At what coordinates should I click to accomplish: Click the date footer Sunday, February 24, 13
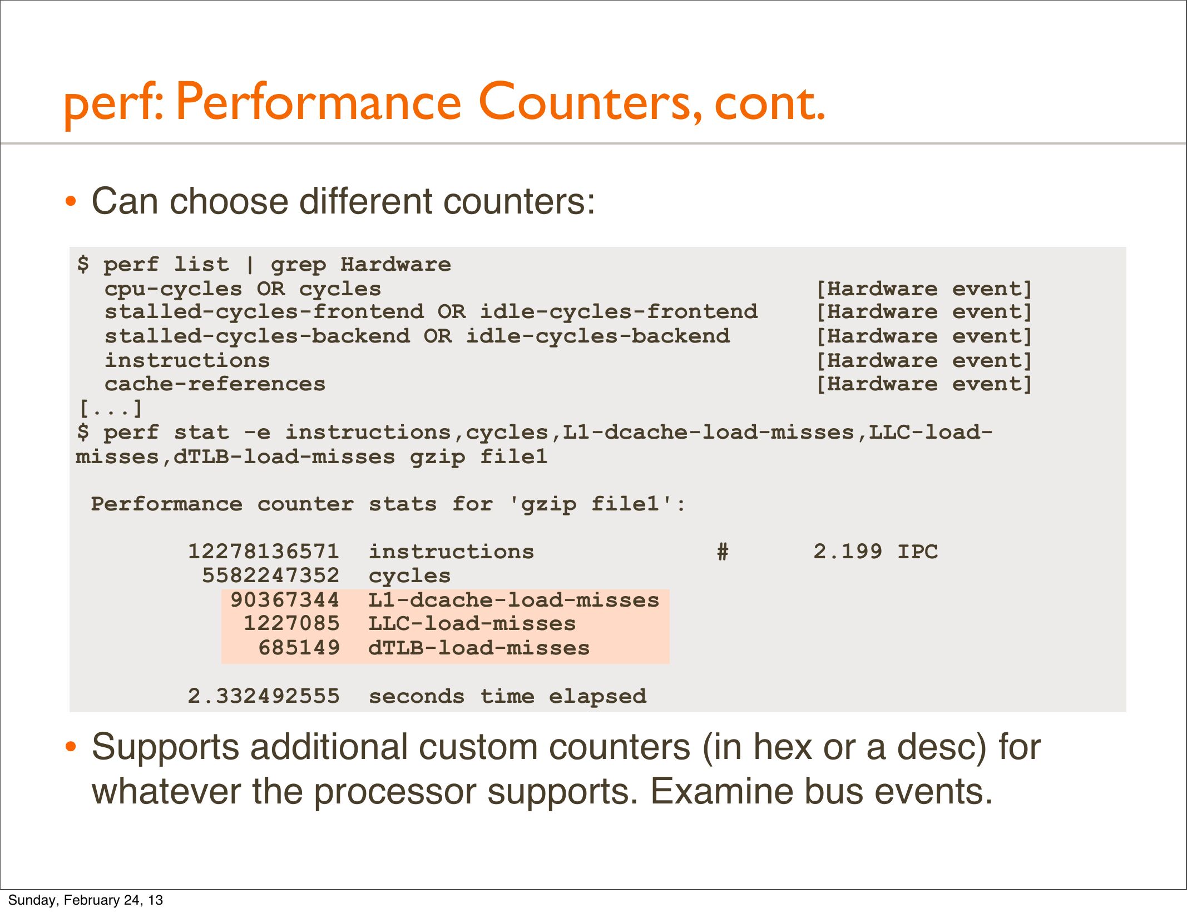(x=85, y=900)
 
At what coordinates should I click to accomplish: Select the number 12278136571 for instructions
(x=263, y=552)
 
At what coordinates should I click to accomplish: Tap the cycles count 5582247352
(x=270, y=575)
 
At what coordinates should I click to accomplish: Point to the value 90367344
(x=284, y=600)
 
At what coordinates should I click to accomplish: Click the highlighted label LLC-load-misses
(x=472, y=624)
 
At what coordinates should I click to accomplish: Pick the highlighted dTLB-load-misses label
(x=478, y=648)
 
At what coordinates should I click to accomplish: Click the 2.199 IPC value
(x=876, y=552)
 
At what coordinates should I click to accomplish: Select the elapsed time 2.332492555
(x=263, y=696)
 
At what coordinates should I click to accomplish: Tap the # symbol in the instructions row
(x=723, y=552)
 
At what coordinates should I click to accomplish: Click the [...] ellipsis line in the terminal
(x=110, y=409)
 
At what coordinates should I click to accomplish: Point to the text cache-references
(x=215, y=384)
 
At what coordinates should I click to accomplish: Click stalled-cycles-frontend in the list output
(x=264, y=312)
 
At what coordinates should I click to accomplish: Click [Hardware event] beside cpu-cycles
(x=924, y=289)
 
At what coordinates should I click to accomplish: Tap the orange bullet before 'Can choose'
(x=70, y=202)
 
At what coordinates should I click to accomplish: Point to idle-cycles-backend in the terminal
(x=597, y=336)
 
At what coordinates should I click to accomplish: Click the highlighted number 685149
(x=298, y=648)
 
